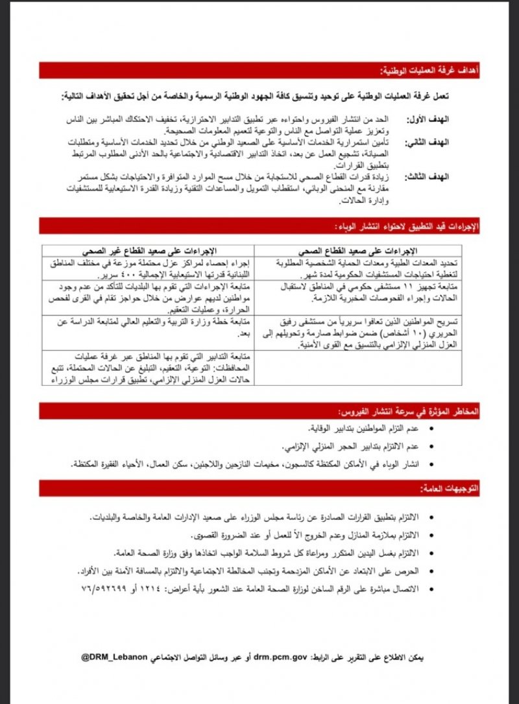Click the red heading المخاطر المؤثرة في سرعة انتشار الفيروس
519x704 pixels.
click(x=408, y=412)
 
